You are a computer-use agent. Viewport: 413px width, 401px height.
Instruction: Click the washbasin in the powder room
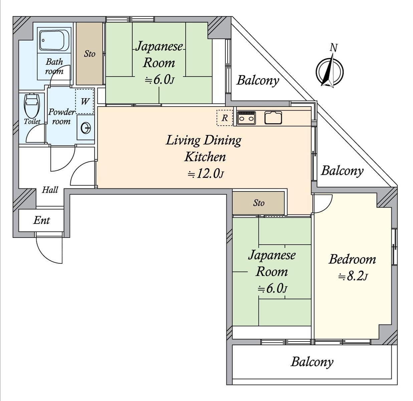(86, 127)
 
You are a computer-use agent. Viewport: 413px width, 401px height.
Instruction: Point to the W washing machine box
(85, 101)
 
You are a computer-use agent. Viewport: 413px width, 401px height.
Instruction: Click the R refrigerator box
(225, 118)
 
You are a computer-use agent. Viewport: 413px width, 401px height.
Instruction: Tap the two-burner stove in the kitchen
(246, 118)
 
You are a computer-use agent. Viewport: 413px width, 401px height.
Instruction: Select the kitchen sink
(273, 118)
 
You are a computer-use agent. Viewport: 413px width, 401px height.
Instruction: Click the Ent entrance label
(41, 220)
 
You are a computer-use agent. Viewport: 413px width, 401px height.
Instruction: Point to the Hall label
(50, 190)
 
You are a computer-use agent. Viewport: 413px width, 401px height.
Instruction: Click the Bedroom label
(352, 259)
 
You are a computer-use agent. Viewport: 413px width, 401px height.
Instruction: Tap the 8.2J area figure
(353, 277)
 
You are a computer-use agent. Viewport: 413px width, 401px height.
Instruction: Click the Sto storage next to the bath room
(89, 54)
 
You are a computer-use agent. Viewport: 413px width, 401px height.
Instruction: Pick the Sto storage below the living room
(259, 203)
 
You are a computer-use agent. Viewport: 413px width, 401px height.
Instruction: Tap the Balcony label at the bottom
(312, 362)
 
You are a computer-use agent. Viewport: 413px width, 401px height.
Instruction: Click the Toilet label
(32, 122)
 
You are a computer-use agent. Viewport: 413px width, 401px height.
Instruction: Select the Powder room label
(61, 116)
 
